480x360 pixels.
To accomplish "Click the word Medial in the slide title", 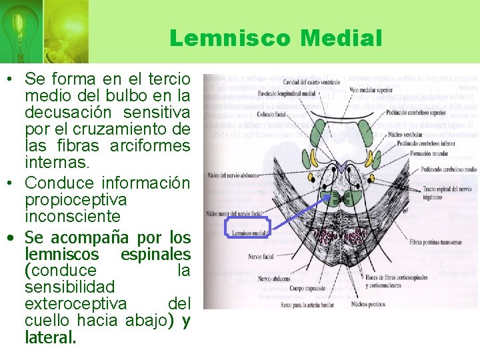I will tap(341, 38).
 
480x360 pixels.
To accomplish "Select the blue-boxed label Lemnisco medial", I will tap(249, 233).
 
